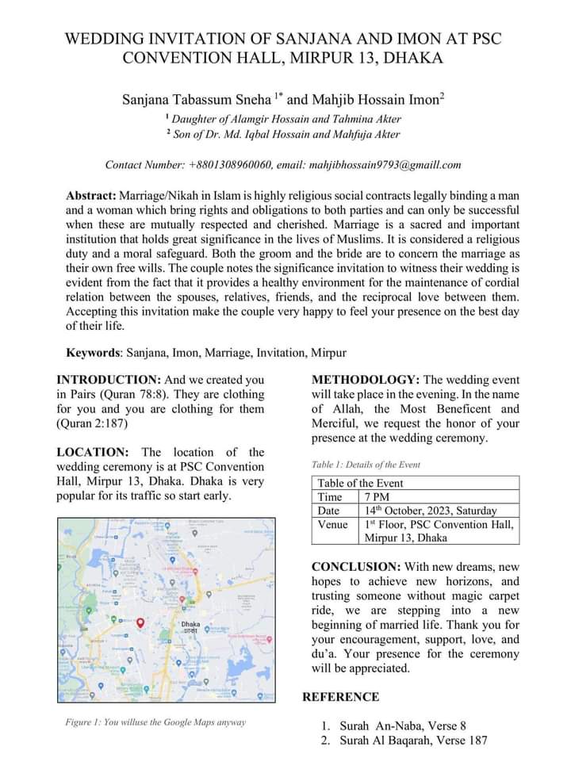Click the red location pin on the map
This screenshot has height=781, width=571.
140,623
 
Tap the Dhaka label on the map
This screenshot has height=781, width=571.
190,625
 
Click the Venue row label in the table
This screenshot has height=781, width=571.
333,524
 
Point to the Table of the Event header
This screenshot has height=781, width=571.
360,483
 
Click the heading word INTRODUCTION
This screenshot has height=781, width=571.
108,380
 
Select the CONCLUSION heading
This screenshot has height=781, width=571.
356,567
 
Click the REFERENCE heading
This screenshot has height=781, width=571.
341,697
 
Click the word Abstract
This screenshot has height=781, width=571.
90,195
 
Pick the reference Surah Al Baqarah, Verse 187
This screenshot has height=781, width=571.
413,741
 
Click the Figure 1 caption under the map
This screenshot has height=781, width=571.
155,722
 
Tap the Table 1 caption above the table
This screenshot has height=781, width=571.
366,465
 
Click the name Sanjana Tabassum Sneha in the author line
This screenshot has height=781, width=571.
196,101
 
